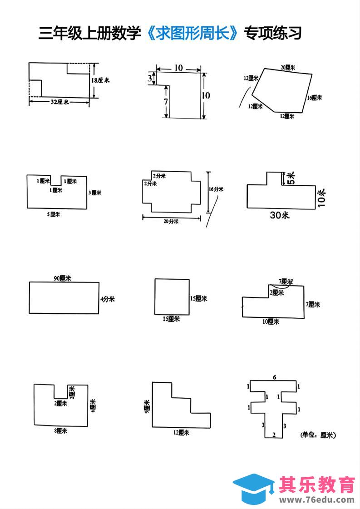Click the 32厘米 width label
click(x=59, y=103)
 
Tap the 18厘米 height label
click(x=101, y=80)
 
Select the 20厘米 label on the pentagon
click(x=287, y=67)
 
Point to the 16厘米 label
click(x=314, y=98)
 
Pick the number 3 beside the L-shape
click(x=150, y=79)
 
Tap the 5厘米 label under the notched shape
click(x=54, y=214)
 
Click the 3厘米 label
click(x=94, y=193)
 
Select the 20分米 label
click(x=171, y=222)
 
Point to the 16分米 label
click(x=216, y=190)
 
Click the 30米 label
click(x=280, y=216)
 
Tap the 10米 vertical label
click(x=322, y=198)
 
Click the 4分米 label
click(x=108, y=299)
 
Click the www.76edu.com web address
click(x=316, y=499)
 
